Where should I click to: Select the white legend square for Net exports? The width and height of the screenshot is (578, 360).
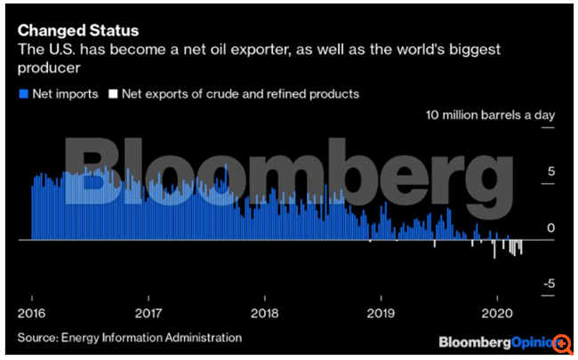click(111, 93)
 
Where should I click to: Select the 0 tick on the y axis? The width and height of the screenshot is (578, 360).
click(551, 228)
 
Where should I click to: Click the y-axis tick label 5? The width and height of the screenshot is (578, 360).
click(551, 172)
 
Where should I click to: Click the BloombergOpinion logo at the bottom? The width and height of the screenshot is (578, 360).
click(494, 342)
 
